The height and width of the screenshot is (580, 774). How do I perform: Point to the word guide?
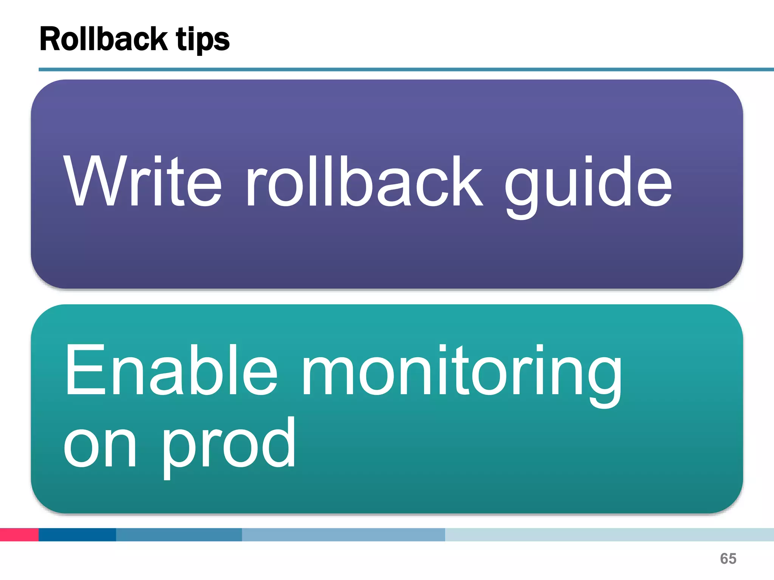[588, 185]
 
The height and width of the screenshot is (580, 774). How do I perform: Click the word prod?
[229, 446]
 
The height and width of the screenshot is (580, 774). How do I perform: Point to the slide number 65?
[728, 558]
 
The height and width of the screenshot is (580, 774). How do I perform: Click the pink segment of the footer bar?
[19, 534]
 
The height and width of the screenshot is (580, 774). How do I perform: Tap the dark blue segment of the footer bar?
[77, 534]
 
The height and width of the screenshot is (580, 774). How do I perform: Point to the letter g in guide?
[522, 189]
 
